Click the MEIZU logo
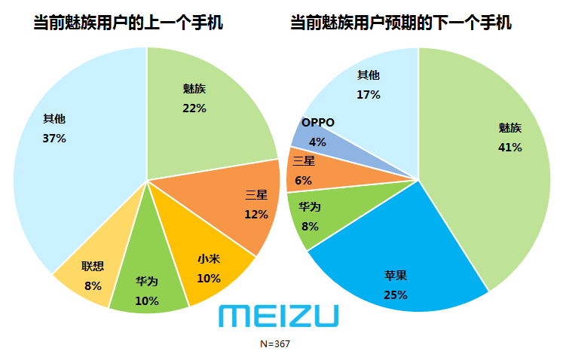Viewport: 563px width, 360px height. [x=278, y=316]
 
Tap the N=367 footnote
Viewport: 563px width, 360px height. [x=275, y=343]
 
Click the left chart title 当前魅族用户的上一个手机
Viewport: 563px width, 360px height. [x=128, y=23]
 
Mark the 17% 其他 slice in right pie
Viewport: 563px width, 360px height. [x=369, y=90]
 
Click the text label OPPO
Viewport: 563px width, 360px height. [x=317, y=123]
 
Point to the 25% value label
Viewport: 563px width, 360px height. [x=396, y=294]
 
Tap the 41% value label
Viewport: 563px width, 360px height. [x=510, y=148]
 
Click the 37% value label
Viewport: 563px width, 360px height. [x=54, y=139]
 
